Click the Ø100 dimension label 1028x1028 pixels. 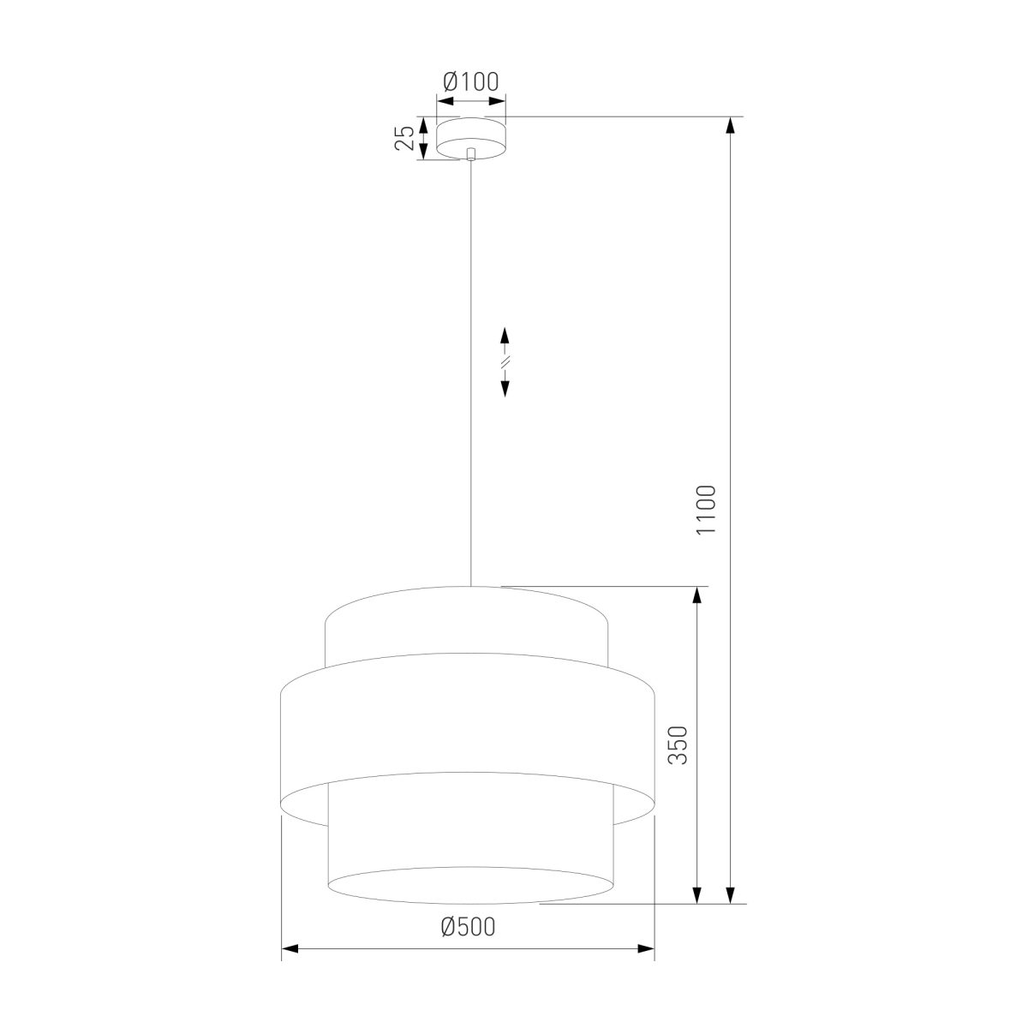(x=470, y=81)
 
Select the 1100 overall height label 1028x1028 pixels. (x=706, y=510)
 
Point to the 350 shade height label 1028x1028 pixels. (x=678, y=745)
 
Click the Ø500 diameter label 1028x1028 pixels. (x=469, y=927)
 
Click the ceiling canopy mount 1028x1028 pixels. (x=471, y=138)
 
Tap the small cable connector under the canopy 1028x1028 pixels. (x=470, y=154)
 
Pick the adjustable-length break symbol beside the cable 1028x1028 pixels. (x=505, y=362)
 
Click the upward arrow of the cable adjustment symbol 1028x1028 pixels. (x=505, y=336)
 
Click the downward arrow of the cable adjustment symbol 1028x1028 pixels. (x=505, y=389)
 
